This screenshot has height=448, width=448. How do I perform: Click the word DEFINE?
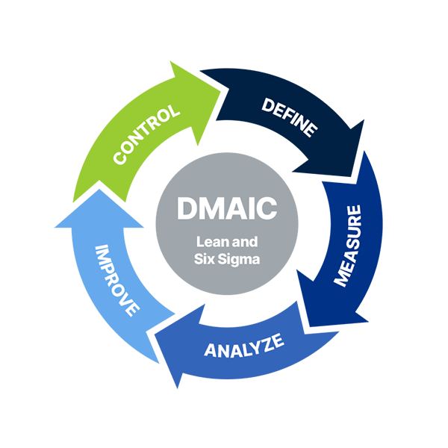coord(289,116)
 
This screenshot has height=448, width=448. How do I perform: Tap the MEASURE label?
coord(348,245)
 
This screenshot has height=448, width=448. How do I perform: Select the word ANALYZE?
coord(244,348)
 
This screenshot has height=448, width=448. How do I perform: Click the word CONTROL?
coord(146,134)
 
